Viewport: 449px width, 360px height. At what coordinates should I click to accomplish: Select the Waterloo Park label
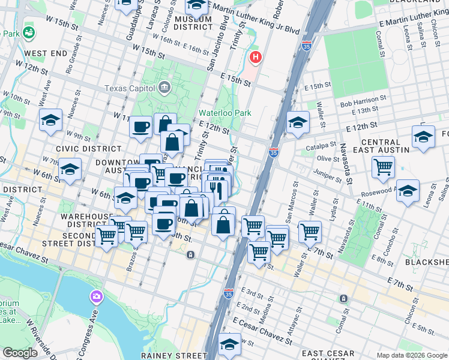(225, 113)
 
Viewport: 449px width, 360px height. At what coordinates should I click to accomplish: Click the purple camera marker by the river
(96, 296)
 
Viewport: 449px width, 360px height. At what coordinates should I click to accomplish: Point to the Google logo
(20, 353)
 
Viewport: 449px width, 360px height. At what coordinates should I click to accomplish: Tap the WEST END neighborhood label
(46, 53)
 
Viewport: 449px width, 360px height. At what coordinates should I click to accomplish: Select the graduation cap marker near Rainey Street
(229, 344)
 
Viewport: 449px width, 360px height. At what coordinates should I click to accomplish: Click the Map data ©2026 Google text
(411, 355)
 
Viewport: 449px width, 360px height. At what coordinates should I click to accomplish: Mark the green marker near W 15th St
(28, 32)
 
